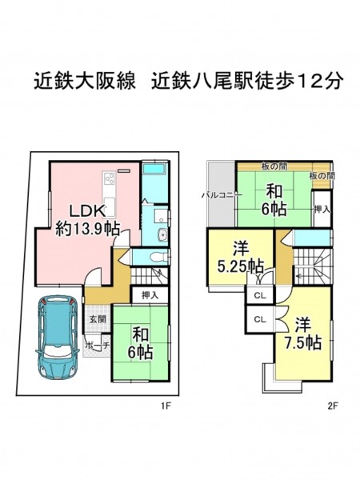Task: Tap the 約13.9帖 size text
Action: (x=88, y=228)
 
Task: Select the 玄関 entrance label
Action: (x=98, y=319)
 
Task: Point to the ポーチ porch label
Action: (x=97, y=346)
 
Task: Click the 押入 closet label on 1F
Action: (x=150, y=295)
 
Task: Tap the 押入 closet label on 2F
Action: (x=322, y=210)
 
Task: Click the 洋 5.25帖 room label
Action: (x=241, y=258)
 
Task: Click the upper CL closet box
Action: (x=260, y=296)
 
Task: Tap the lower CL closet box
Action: (x=260, y=319)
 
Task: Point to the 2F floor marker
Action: (x=333, y=406)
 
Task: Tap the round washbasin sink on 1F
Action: (x=162, y=235)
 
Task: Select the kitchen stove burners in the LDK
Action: (x=110, y=178)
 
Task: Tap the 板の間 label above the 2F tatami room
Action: (x=274, y=166)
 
